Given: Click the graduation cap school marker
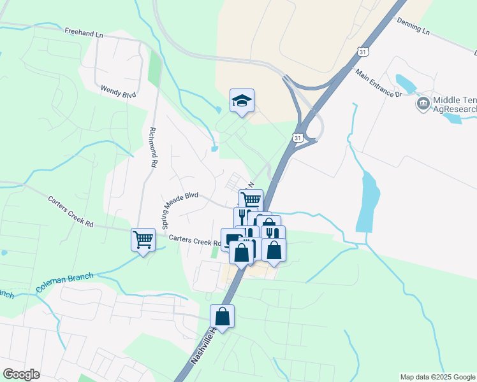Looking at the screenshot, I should pyautogui.click(x=242, y=101).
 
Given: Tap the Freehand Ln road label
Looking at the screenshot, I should pyautogui.click(x=84, y=31).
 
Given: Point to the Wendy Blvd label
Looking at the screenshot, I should pyautogui.click(x=118, y=92).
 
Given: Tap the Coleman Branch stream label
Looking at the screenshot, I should pyautogui.click(x=64, y=283).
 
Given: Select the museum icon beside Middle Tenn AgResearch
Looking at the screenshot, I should pyautogui.click(x=422, y=103).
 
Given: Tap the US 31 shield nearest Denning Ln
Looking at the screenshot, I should pyautogui.click(x=362, y=50).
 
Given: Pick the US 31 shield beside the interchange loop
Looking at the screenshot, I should pyautogui.click(x=297, y=137).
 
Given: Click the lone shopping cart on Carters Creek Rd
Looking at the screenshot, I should pyautogui.click(x=143, y=239).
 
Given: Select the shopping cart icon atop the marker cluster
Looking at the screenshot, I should pyautogui.click(x=251, y=199).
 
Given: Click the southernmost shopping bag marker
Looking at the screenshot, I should pyautogui.click(x=222, y=316).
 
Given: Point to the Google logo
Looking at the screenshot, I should pyautogui.click(x=21, y=374).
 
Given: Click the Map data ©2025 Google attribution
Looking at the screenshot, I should pyautogui.click(x=437, y=377).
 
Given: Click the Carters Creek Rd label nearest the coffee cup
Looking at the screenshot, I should pyautogui.click(x=194, y=241).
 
